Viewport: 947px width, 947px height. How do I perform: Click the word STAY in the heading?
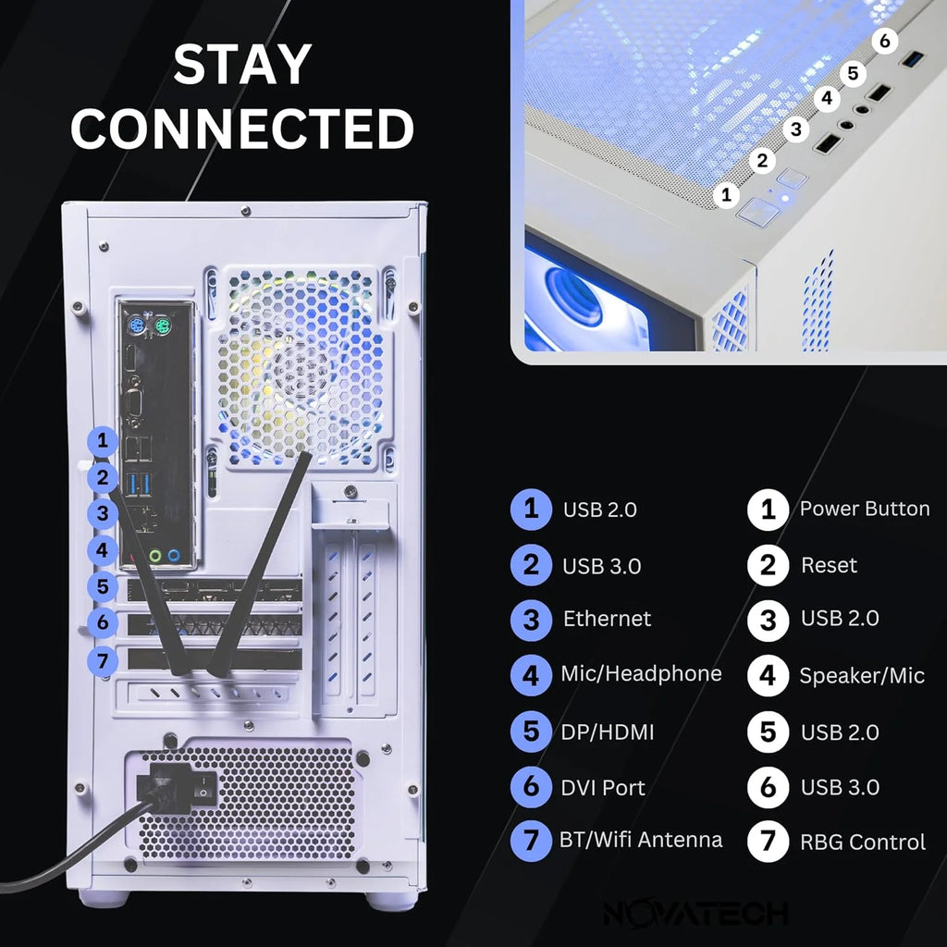click(x=242, y=65)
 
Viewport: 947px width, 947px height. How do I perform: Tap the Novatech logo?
click(x=695, y=914)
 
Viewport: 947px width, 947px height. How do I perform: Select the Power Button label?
click(x=864, y=509)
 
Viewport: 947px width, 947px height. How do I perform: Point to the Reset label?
click(x=829, y=565)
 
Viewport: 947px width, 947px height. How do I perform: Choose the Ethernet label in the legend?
click(x=607, y=619)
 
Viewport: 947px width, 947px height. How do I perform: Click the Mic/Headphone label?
click(x=641, y=673)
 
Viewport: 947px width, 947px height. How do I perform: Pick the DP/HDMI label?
click(x=607, y=732)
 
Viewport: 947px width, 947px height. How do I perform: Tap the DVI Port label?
click(x=603, y=788)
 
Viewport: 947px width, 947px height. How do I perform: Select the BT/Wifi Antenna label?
click(x=641, y=840)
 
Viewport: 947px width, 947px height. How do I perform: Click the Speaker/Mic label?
click(x=862, y=676)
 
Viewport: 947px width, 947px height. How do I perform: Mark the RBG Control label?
click(x=862, y=842)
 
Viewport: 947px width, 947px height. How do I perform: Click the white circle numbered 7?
click(x=768, y=842)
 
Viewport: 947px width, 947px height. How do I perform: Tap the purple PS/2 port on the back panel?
click(x=135, y=326)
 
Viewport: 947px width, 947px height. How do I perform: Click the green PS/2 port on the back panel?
click(x=162, y=326)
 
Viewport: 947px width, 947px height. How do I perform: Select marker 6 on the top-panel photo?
click(x=885, y=41)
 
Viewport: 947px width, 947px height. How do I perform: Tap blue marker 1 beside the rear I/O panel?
click(x=105, y=441)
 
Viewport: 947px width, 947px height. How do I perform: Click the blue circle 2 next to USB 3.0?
click(x=531, y=565)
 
